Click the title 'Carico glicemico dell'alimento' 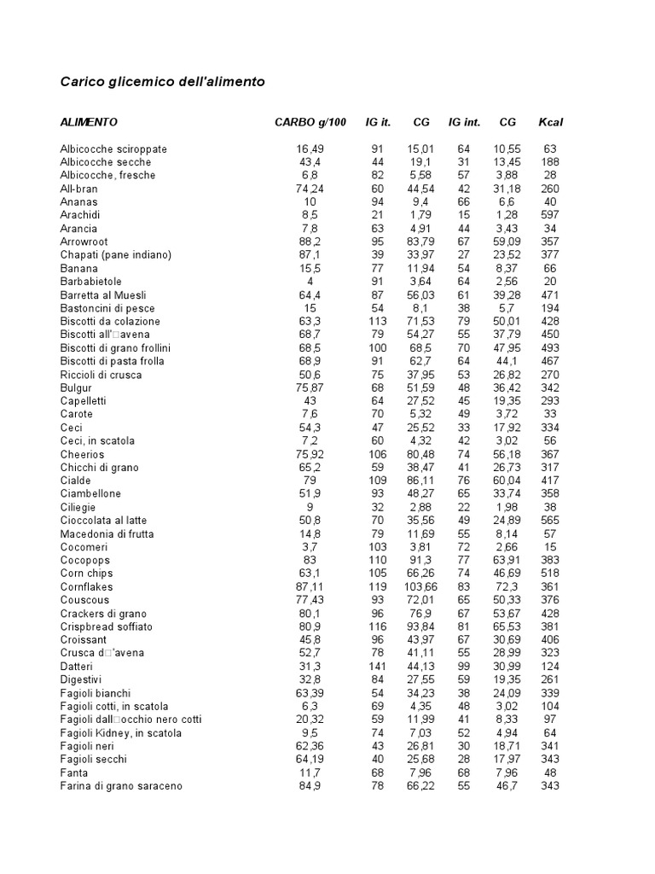[162, 83]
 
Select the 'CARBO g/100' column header [310, 122]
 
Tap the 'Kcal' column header [550, 122]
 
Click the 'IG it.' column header [378, 122]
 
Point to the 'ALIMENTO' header [89, 122]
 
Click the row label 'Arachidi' [79, 215]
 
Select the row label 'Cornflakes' [86, 587]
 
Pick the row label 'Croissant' [84, 640]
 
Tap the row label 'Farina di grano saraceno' [121, 786]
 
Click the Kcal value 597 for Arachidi [550, 215]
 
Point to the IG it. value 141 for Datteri [378, 667]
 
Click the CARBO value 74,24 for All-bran [309, 189]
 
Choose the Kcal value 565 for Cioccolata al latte [550, 521]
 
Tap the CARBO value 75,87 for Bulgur [309, 387]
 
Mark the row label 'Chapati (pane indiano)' [116, 255]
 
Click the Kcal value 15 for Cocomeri [550, 547]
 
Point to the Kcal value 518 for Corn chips [550, 574]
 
